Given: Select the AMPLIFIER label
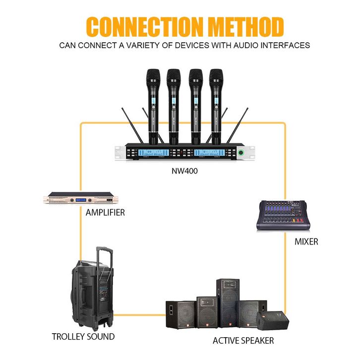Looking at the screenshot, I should (x=105, y=213).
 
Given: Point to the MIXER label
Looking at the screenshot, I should (x=306, y=242).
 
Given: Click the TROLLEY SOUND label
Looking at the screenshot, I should (x=83, y=337).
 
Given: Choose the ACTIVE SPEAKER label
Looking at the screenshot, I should (x=243, y=341).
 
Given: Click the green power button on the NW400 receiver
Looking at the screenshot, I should (x=241, y=152).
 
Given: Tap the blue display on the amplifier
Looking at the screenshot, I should (x=82, y=200).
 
